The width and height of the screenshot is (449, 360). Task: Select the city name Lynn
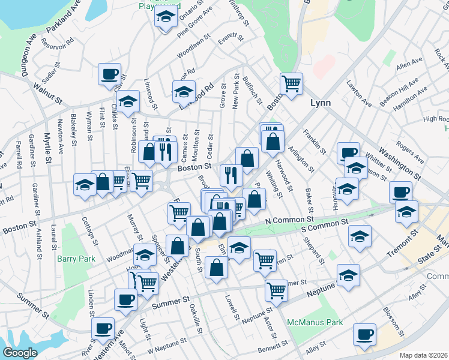point(321,103)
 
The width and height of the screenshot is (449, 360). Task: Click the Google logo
point(20,353)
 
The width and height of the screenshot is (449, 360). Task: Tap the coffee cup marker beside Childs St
point(110,74)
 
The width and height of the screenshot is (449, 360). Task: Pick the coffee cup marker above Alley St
point(364,334)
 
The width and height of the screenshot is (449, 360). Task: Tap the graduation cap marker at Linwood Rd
point(184,92)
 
